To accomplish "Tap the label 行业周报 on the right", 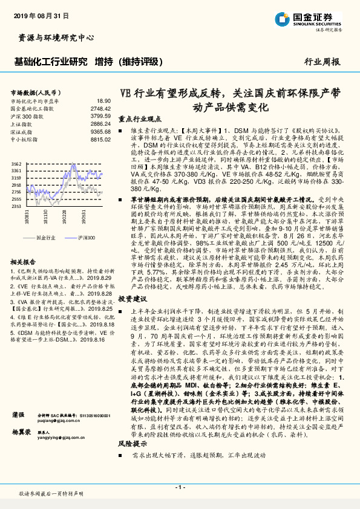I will click(321, 62).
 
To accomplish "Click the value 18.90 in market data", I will click(104, 101).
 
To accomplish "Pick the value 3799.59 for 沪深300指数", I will click(100, 115).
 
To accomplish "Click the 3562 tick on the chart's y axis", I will click(16, 164).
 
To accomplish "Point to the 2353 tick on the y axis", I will click(16, 206).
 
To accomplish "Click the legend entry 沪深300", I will click(87, 238).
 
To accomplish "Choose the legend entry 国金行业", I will click(46, 238).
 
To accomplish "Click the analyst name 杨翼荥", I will click(21, 433).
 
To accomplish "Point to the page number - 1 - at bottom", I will click(180, 487).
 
